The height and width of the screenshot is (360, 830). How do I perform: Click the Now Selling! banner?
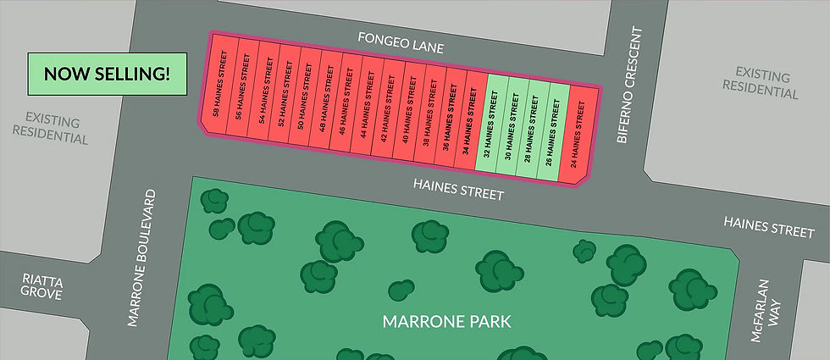click(x=107, y=74)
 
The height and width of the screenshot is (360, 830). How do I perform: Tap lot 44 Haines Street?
click(x=366, y=108)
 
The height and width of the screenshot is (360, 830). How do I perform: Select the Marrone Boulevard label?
click(x=143, y=258)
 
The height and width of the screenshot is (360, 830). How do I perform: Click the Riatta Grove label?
click(x=41, y=286)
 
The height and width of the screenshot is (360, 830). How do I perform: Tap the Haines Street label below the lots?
click(x=458, y=188)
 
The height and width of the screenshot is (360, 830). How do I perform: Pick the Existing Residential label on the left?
click(x=56, y=127)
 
